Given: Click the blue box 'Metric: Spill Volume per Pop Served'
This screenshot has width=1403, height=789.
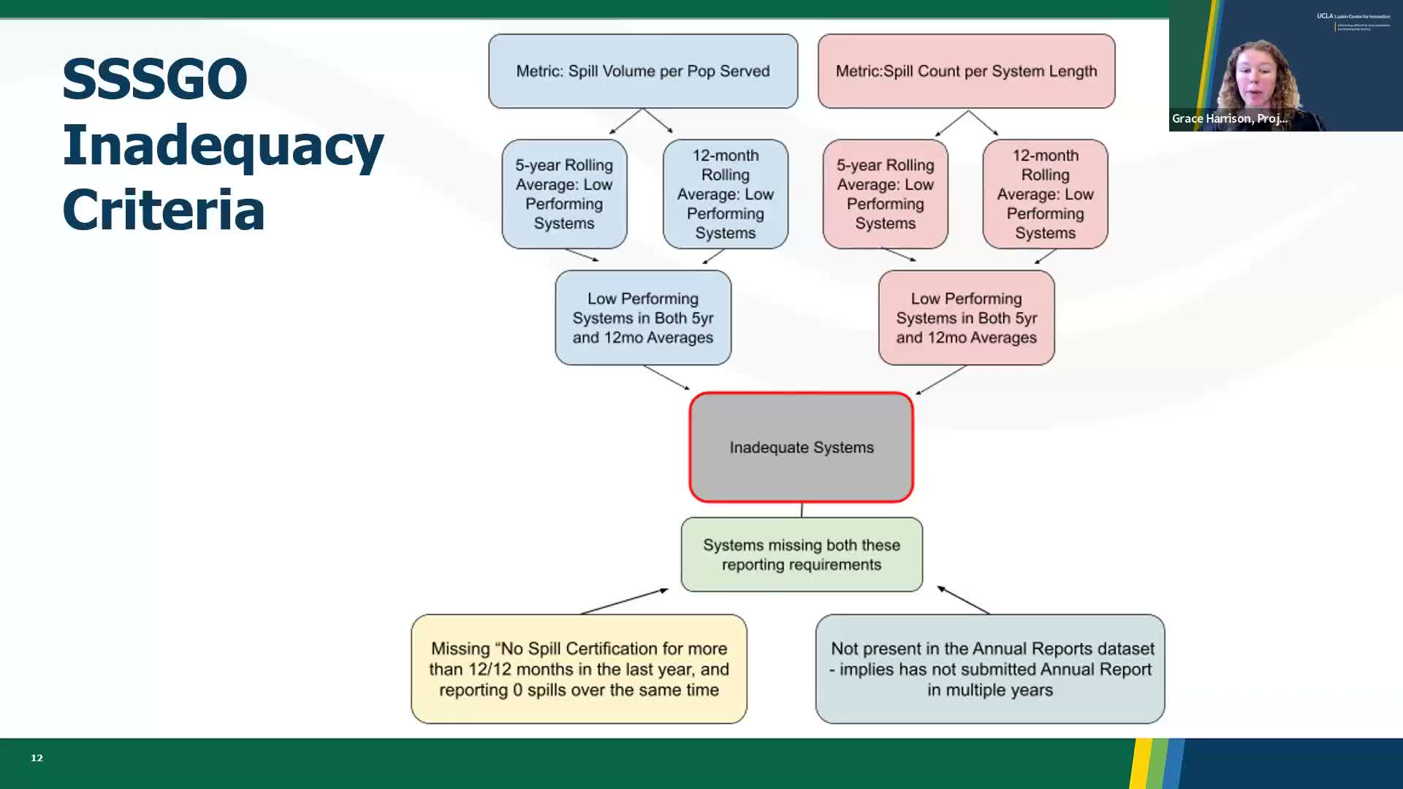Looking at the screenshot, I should click(x=643, y=71).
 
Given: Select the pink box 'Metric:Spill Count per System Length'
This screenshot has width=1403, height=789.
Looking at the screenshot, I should click(x=966, y=71).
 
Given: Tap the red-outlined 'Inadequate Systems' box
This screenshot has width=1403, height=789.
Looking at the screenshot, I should click(x=801, y=447).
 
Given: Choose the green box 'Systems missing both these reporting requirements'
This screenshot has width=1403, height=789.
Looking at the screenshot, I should click(x=802, y=554).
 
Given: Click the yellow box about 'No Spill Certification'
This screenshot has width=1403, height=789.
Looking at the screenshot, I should click(x=579, y=669).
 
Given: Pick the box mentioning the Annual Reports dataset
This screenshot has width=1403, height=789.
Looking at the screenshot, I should click(x=990, y=669).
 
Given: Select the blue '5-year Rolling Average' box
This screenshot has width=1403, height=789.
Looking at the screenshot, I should click(x=564, y=194).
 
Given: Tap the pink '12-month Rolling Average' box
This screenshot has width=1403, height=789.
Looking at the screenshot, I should click(x=1045, y=194).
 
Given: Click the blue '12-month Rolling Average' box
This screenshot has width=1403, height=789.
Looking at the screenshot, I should click(x=726, y=194).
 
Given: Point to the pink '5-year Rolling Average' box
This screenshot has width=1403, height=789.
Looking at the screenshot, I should click(x=885, y=194).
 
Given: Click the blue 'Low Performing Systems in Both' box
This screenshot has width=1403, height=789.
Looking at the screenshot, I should click(x=643, y=318).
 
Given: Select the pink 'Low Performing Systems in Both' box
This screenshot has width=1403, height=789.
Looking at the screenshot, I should click(x=966, y=318).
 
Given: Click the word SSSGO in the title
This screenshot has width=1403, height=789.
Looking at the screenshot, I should click(x=155, y=79).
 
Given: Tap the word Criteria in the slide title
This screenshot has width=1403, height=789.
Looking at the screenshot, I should click(x=164, y=210).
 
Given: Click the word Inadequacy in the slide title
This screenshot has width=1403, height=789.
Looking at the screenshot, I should click(x=223, y=145).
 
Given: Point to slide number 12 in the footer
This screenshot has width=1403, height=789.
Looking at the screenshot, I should click(x=37, y=758).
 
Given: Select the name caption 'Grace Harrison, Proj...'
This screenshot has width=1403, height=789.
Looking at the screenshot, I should click(x=1229, y=118).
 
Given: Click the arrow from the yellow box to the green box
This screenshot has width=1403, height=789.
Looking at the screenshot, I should click(x=624, y=601).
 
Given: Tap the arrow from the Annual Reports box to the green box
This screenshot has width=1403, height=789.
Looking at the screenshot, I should click(x=963, y=600).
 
